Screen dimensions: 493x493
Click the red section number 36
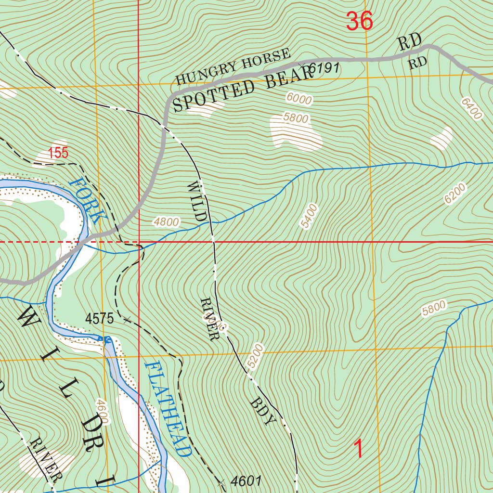[360, 22]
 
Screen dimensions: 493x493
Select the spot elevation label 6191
[324, 69]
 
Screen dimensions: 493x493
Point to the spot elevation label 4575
[100, 318]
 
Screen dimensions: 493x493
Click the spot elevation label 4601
[246, 480]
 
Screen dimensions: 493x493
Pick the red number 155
[59, 154]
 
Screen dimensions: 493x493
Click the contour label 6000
[299, 98]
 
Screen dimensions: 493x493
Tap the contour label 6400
[471, 109]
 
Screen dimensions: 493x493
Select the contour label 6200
[455, 193]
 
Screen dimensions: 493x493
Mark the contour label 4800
[167, 222]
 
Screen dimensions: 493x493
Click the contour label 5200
[256, 356]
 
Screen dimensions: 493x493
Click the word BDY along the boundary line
[263, 412]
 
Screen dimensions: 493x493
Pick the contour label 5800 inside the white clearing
[296, 117]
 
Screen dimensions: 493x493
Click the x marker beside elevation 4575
[127, 319]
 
